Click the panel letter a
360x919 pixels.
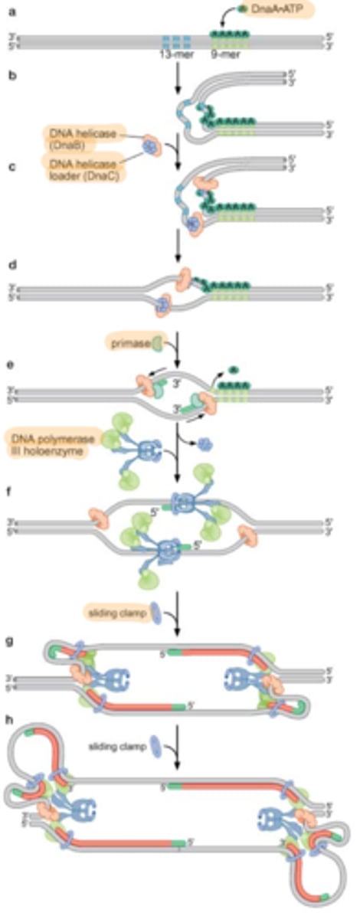[6, 10]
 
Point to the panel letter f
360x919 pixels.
[6, 483]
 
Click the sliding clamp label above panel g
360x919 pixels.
[110, 610]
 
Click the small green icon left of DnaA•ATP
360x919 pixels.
[244, 8]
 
